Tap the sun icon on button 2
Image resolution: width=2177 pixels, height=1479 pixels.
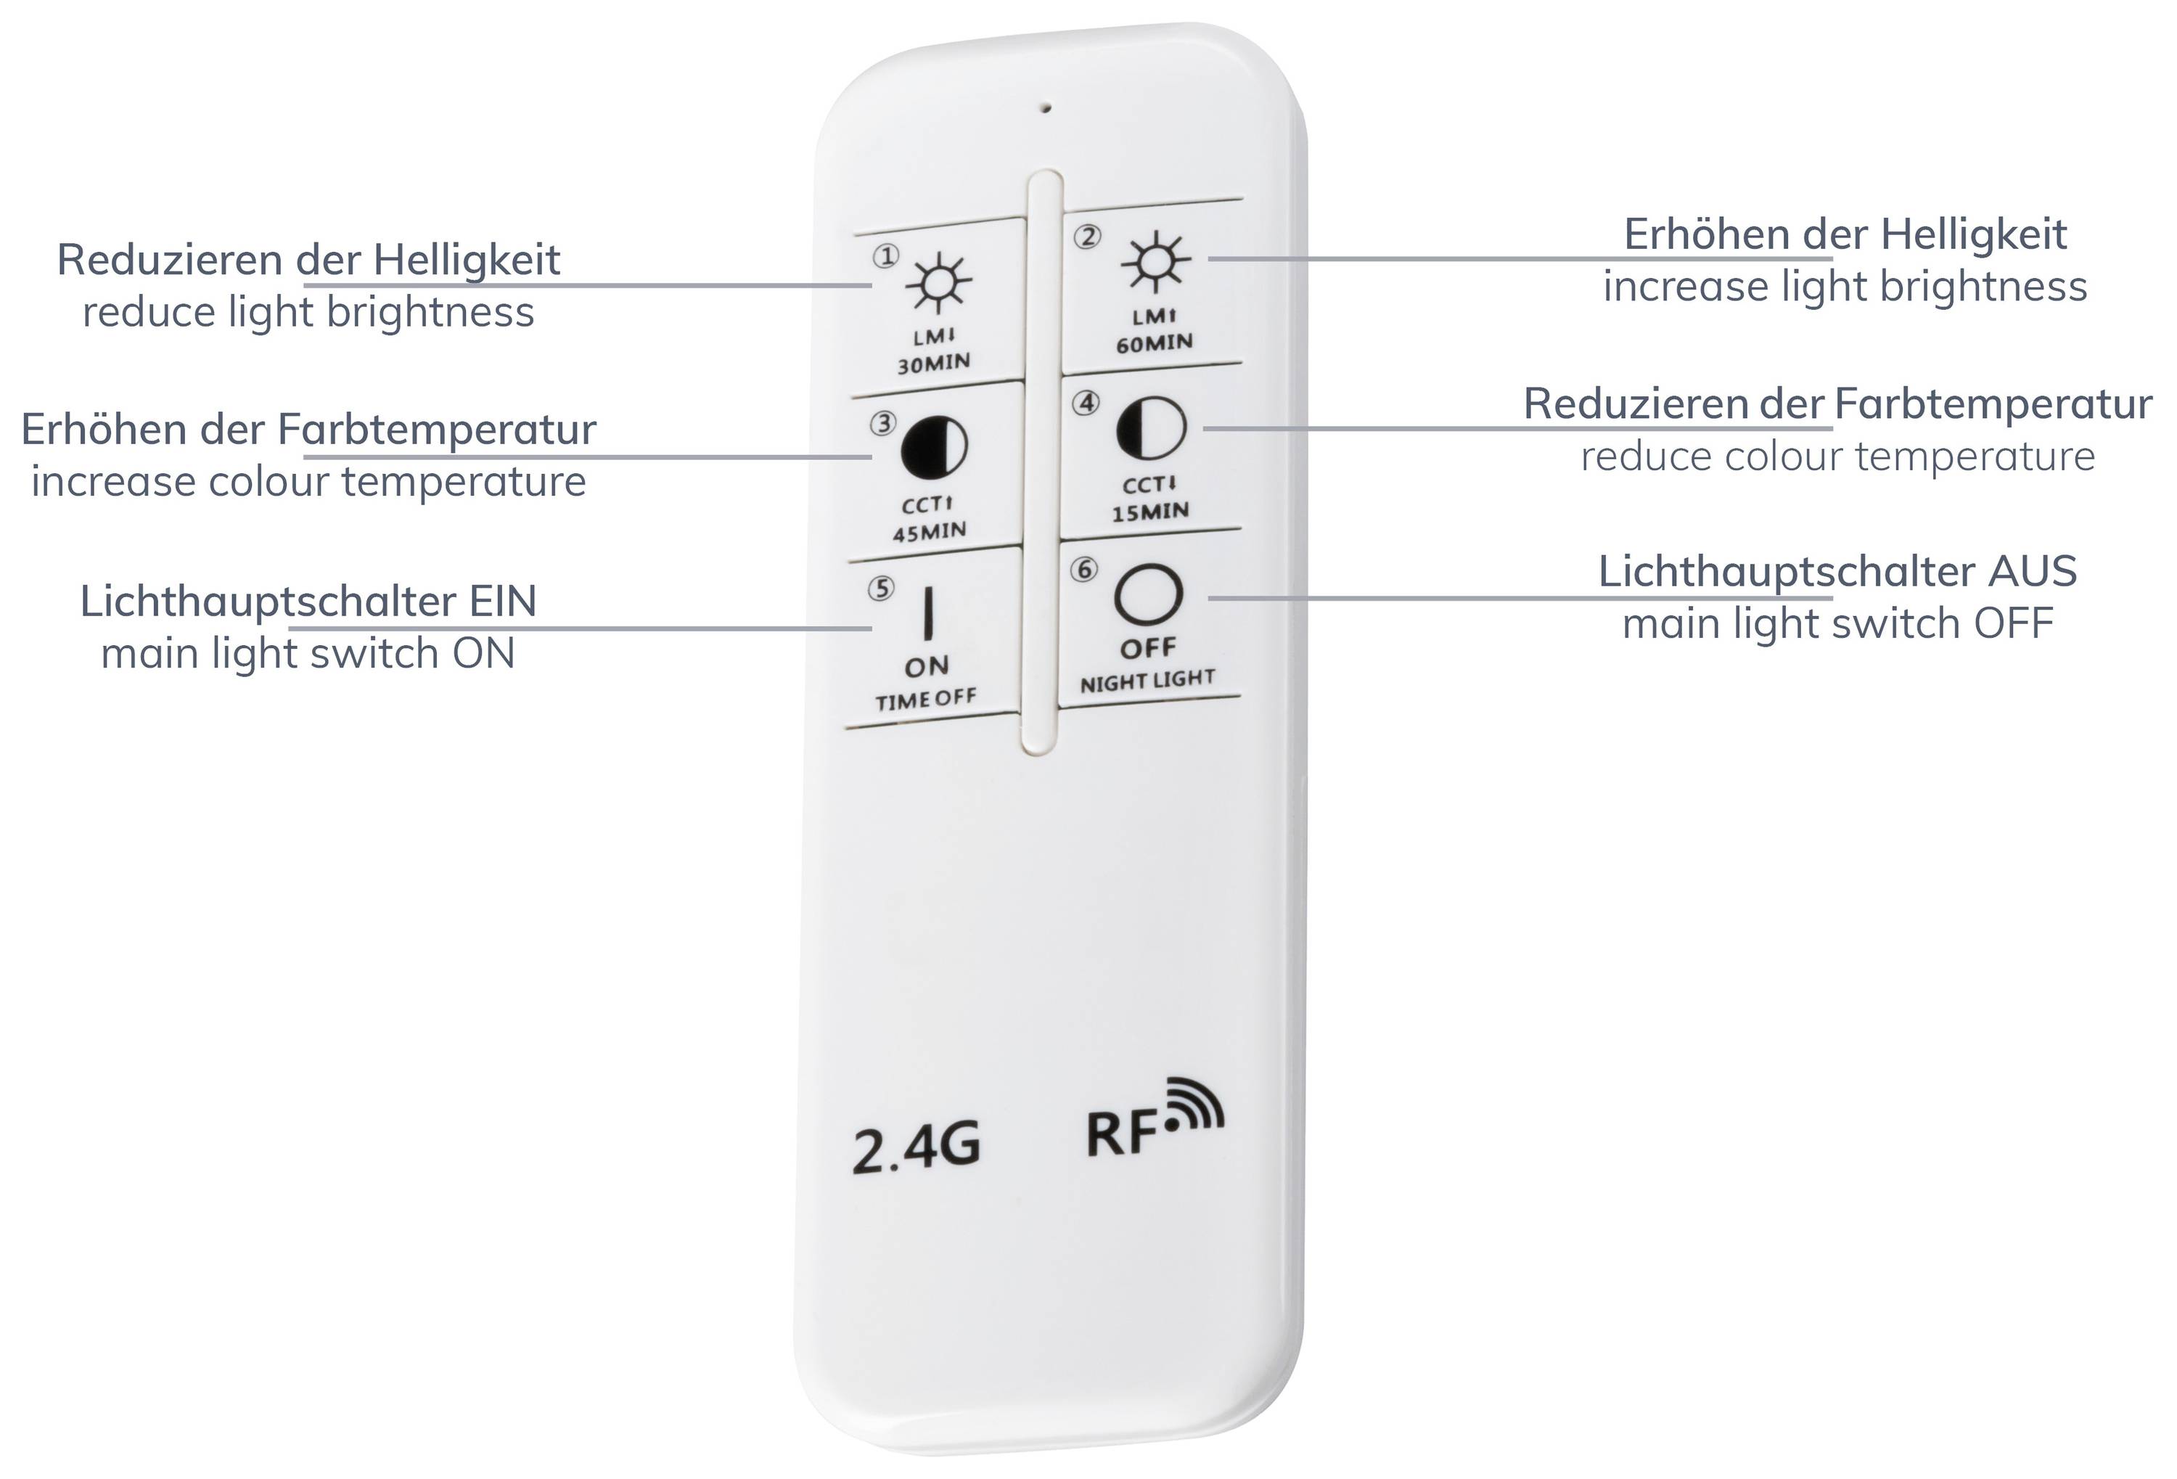pyautogui.click(x=1156, y=261)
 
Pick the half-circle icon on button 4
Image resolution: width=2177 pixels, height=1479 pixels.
pyautogui.click(x=1151, y=428)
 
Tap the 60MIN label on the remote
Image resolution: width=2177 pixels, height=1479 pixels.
pyautogui.click(x=1154, y=343)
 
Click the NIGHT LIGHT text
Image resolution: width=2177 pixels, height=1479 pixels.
pyautogui.click(x=1147, y=681)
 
